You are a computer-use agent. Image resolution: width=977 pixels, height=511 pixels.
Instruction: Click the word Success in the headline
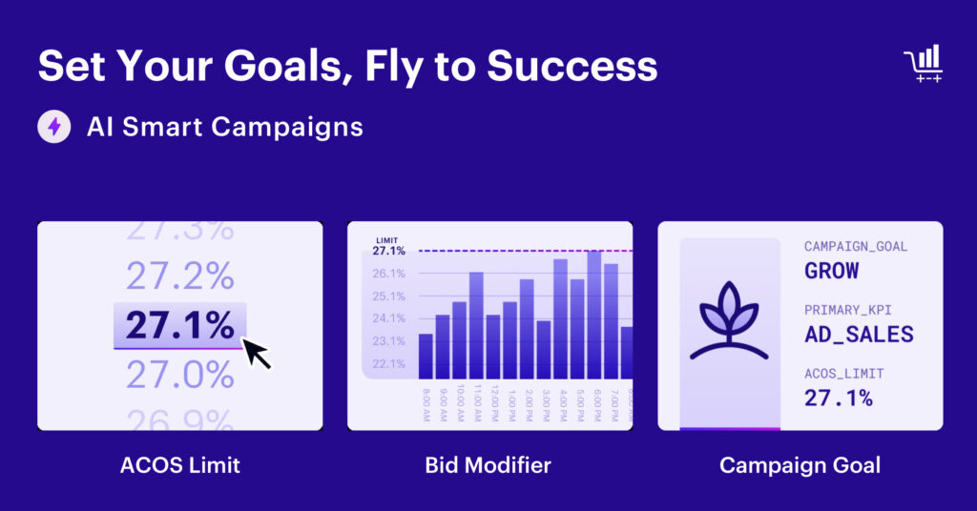click(572, 67)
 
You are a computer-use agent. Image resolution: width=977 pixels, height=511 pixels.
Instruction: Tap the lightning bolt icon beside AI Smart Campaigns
click(54, 127)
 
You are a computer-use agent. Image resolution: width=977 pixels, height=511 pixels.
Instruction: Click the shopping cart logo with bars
click(923, 64)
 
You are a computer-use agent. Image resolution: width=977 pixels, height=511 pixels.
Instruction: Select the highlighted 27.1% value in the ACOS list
click(179, 326)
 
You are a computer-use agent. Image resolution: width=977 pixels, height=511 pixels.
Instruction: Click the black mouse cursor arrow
click(257, 353)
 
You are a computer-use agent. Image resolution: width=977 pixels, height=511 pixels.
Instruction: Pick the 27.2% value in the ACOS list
click(179, 276)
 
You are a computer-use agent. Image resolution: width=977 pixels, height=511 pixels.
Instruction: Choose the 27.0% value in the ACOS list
click(179, 375)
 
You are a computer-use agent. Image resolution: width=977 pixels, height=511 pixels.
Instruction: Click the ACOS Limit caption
click(179, 465)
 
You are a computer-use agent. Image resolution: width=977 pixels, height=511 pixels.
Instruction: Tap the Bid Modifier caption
click(488, 465)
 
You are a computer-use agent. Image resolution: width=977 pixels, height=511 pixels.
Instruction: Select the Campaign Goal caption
click(800, 465)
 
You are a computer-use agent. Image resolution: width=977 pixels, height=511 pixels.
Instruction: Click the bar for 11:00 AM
click(476, 326)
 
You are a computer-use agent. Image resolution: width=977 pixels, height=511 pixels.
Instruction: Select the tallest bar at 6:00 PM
click(593, 315)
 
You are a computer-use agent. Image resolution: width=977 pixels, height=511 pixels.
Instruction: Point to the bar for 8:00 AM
click(426, 356)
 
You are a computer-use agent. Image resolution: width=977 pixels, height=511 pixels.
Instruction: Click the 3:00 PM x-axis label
click(544, 406)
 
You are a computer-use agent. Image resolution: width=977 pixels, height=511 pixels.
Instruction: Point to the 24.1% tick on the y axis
click(388, 318)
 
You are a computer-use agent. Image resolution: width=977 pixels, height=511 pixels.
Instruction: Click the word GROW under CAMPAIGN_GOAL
click(832, 271)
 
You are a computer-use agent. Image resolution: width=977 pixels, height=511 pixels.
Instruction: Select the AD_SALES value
click(859, 335)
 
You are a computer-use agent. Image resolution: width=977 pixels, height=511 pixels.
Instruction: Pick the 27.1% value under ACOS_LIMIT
click(838, 399)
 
